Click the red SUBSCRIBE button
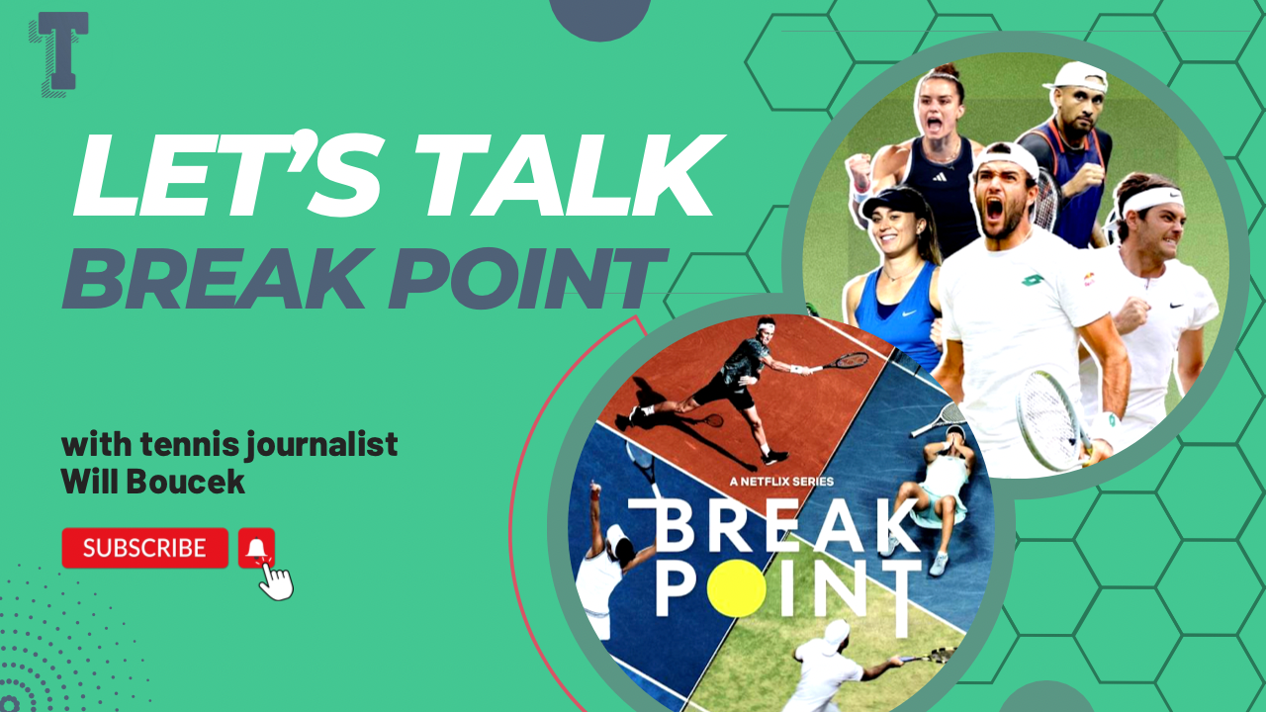[x=145, y=548]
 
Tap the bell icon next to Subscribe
[x=256, y=548]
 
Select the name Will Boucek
[x=152, y=482]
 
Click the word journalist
[x=321, y=446]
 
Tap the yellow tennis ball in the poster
[x=737, y=588]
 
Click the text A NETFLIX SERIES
[x=781, y=482]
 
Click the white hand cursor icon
[x=276, y=579]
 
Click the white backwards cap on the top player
[x=1077, y=77]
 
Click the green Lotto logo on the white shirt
[x=1033, y=280]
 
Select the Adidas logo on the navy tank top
[x=940, y=177]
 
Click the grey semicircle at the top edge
[x=599, y=17]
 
